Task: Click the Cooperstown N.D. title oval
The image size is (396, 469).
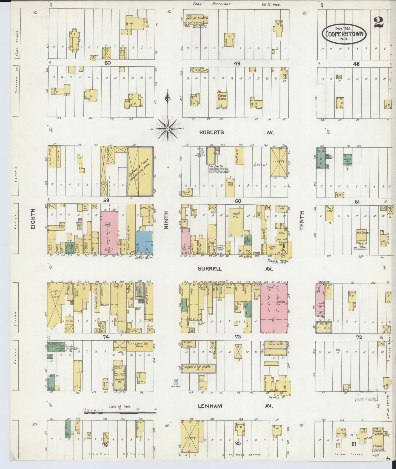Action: tap(344, 34)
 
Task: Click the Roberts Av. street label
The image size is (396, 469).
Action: tap(211, 132)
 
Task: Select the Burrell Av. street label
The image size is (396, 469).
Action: tap(210, 269)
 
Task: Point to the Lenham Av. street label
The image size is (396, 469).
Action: tap(210, 406)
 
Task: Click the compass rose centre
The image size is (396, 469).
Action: tap(167, 128)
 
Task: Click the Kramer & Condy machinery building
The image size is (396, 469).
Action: tap(140, 171)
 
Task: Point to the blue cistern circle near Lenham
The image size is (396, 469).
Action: tap(176, 383)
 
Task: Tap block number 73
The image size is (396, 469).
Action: tap(237, 337)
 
